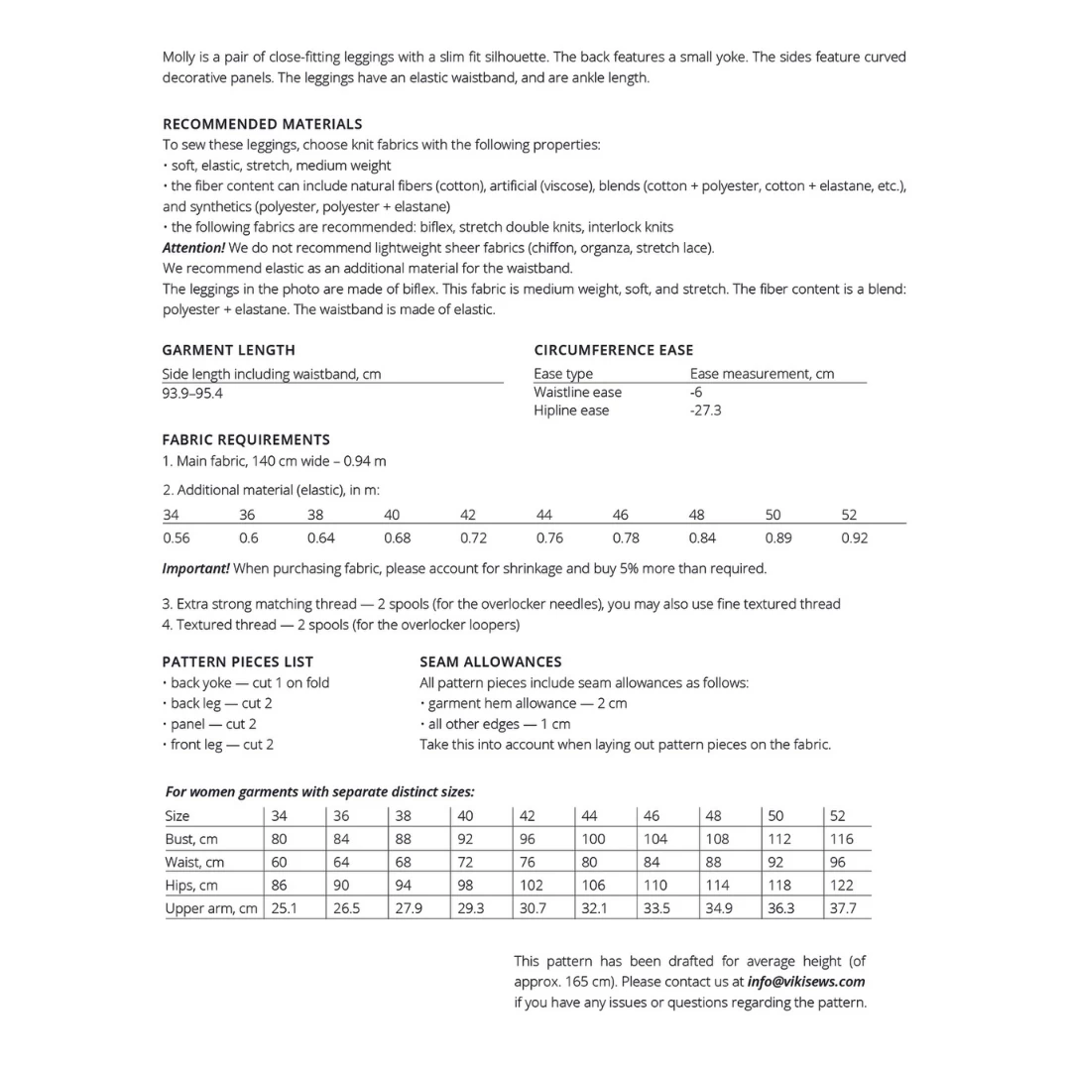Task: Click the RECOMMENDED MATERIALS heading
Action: (x=262, y=124)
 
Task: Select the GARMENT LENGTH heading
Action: (x=228, y=350)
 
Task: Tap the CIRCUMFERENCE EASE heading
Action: (x=613, y=350)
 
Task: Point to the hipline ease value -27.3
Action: (x=705, y=411)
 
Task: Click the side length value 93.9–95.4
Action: (x=191, y=393)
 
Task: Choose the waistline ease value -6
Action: (x=696, y=392)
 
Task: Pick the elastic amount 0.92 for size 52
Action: (x=854, y=537)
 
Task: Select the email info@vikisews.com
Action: (x=806, y=982)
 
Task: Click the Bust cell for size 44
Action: (x=593, y=839)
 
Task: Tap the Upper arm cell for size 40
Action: (x=470, y=908)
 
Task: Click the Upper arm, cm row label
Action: (x=211, y=908)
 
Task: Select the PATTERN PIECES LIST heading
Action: (x=237, y=661)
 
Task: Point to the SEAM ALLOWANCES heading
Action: (x=490, y=661)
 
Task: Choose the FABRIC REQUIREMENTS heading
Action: (x=246, y=439)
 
